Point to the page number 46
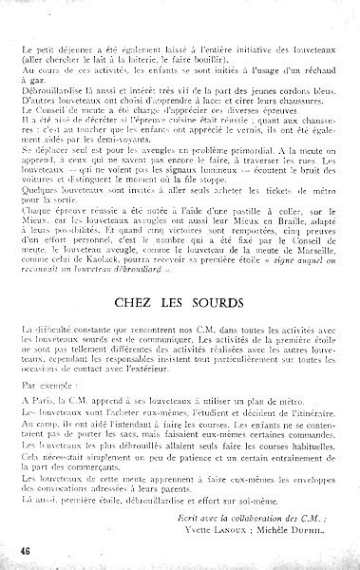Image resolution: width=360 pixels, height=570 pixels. [x=14, y=551]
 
